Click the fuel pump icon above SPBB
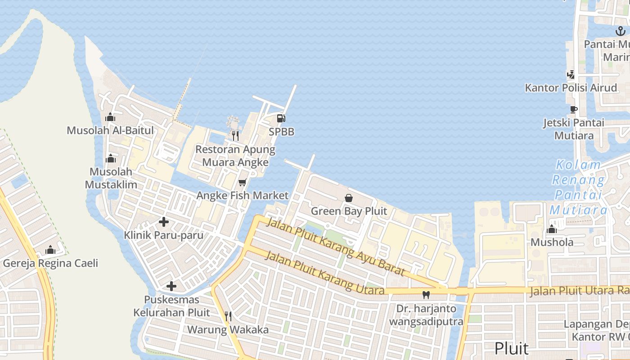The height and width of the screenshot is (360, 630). tap(281, 118)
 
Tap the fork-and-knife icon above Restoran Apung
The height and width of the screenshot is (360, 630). tap(235, 135)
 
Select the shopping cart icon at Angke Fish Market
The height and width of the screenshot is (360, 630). tap(243, 182)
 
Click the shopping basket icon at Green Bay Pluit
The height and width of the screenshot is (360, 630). tap(349, 198)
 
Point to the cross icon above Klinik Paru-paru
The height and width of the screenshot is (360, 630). tap(164, 222)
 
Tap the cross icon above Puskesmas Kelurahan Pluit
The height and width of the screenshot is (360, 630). tap(171, 286)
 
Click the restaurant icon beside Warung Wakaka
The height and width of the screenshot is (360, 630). tap(228, 316)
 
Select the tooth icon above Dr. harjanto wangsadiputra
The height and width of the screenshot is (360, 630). tap(426, 295)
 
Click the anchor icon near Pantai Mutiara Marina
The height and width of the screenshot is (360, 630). tap(621, 31)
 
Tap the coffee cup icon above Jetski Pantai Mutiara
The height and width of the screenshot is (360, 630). tap(573, 109)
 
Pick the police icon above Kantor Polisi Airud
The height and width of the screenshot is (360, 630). tap(571, 74)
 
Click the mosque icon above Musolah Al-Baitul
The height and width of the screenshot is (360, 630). tap(110, 117)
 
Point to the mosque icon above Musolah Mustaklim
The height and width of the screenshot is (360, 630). tap(110, 158)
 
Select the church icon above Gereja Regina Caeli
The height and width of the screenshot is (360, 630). tap(50, 250)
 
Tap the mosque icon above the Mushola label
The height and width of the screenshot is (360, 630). tap(552, 229)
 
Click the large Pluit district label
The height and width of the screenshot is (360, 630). tap(511, 348)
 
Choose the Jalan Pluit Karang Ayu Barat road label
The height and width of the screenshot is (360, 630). tap(335, 247)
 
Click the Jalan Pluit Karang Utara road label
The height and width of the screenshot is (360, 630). tap(325, 273)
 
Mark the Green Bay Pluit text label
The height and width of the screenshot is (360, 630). tap(349, 211)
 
